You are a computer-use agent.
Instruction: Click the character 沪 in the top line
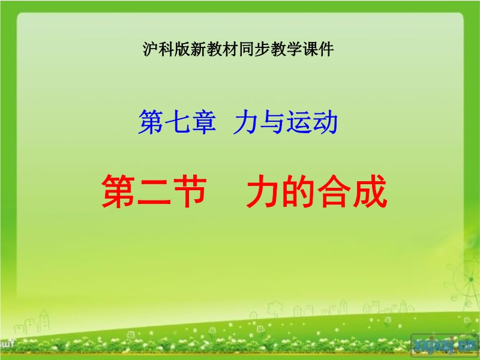point(151,49)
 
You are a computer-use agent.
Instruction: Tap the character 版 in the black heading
point(182,49)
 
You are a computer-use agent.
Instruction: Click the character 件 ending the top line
point(326,49)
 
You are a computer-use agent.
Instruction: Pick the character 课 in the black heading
point(310,49)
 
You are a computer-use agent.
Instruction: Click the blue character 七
point(177,122)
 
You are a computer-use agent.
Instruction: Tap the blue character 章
point(203,122)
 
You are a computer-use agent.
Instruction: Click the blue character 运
point(298,122)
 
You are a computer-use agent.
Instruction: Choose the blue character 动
point(325,122)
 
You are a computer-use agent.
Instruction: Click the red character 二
point(154,192)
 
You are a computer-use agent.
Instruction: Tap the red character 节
point(190,191)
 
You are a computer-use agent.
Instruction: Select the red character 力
point(263,191)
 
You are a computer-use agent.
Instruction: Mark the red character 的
point(298,191)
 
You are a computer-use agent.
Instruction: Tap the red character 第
point(118,191)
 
